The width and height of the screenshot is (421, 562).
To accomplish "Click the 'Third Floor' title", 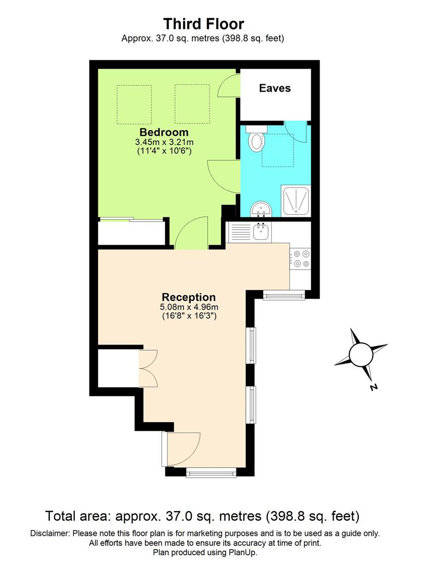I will pyautogui.click(x=203, y=23).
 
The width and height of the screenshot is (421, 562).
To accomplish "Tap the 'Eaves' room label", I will pyautogui.click(x=275, y=88).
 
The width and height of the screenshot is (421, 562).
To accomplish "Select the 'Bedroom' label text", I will pyautogui.click(x=164, y=132).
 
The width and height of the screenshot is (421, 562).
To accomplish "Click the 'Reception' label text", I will pyautogui.click(x=188, y=298).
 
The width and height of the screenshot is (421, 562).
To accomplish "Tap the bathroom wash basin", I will pyautogui.click(x=260, y=210).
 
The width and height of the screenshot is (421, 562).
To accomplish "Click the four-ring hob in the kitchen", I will pyautogui.click(x=300, y=259).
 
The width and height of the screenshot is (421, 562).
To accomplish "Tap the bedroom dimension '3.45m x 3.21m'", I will pyautogui.click(x=164, y=142).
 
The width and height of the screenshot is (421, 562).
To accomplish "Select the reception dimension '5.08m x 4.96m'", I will pyautogui.click(x=188, y=307).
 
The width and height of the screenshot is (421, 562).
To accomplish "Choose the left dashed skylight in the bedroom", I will pyautogui.click(x=134, y=105).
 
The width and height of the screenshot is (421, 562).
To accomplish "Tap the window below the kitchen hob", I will pyautogui.click(x=283, y=297).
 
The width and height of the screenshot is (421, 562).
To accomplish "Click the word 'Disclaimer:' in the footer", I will pyautogui.click(x=50, y=533).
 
